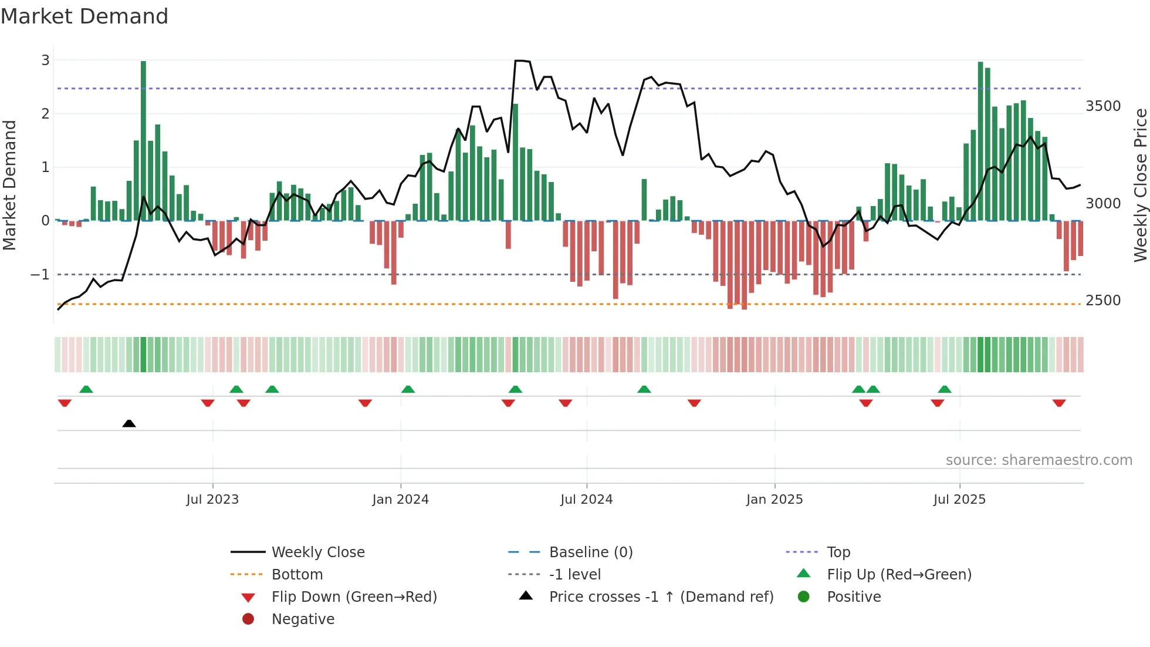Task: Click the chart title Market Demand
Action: point(84,16)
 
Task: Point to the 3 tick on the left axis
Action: point(45,60)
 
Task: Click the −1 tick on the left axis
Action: point(40,274)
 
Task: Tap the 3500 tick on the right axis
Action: point(1102,106)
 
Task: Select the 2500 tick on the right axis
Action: point(1102,300)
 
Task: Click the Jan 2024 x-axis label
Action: point(400,499)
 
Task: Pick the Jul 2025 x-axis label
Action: point(959,499)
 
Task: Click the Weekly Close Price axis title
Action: point(1140,185)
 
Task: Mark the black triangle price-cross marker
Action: point(129,423)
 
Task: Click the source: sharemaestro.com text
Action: point(1039,460)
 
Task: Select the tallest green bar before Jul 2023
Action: point(143,141)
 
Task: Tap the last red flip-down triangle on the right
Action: point(1059,403)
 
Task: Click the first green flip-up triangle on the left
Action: point(86,389)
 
